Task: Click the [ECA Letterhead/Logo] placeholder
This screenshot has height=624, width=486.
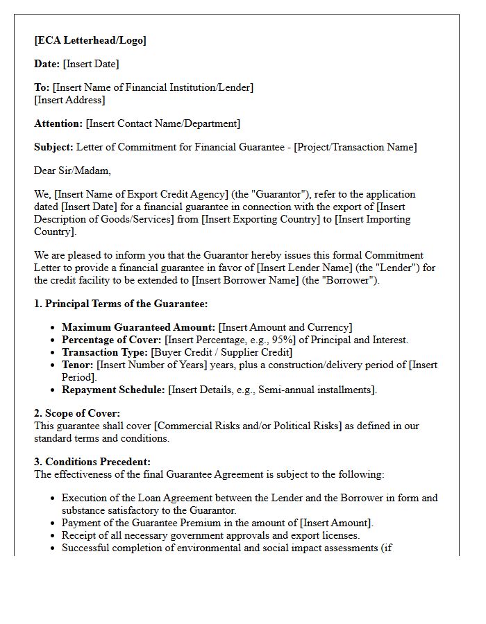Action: (x=90, y=40)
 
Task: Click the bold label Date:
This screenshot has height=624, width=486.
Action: (x=47, y=64)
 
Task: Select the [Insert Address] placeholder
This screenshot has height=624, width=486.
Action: (x=69, y=100)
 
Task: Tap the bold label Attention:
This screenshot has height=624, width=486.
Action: (x=58, y=123)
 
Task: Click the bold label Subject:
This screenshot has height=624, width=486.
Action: (x=53, y=147)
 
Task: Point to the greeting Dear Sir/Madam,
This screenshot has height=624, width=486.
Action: (x=72, y=171)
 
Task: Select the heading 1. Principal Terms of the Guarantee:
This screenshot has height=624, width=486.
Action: (x=121, y=304)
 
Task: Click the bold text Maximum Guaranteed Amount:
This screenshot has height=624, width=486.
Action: (x=139, y=327)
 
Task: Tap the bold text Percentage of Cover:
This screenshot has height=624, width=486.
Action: (x=111, y=340)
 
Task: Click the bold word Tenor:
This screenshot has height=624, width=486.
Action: (x=78, y=365)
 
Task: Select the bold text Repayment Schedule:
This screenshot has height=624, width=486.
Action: (x=114, y=390)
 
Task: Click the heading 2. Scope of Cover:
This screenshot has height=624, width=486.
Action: (x=77, y=413)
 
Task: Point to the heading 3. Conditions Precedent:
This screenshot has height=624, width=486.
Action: (x=92, y=462)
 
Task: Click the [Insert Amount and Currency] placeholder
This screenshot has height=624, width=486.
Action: (x=285, y=327)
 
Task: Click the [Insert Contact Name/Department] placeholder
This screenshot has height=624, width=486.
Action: (x=163, y=123)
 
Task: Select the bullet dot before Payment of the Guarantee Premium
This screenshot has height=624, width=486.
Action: (x=53, y=523)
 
